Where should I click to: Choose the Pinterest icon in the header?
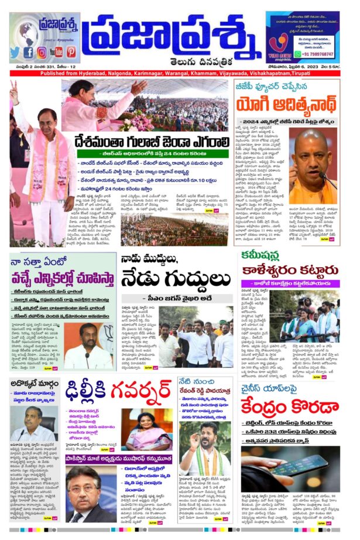(71, 52)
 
